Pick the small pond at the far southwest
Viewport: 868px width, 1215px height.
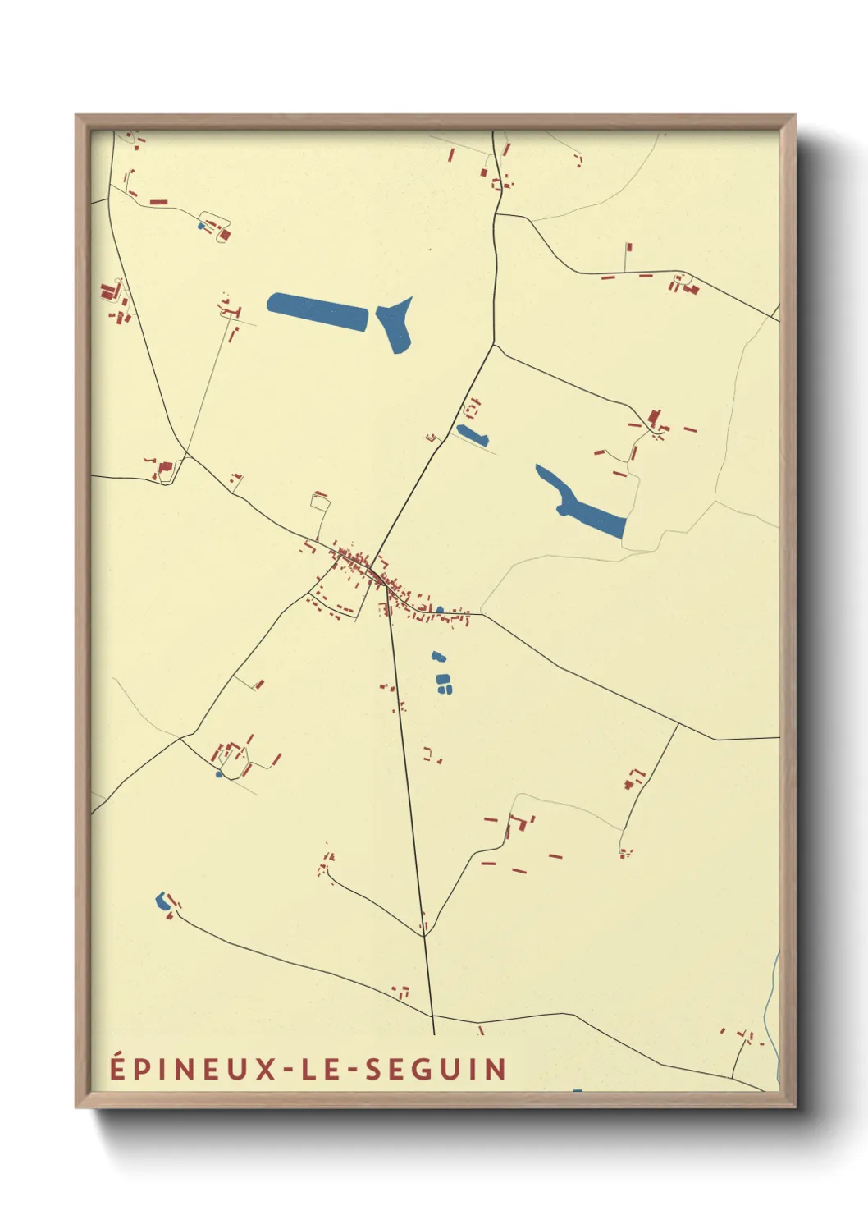[x=161, y=901]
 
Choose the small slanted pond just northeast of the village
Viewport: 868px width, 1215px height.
[x=472, y=433]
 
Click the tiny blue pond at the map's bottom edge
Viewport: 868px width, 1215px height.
[x=577, y=1091]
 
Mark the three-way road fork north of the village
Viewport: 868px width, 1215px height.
[x=494, y=345]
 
